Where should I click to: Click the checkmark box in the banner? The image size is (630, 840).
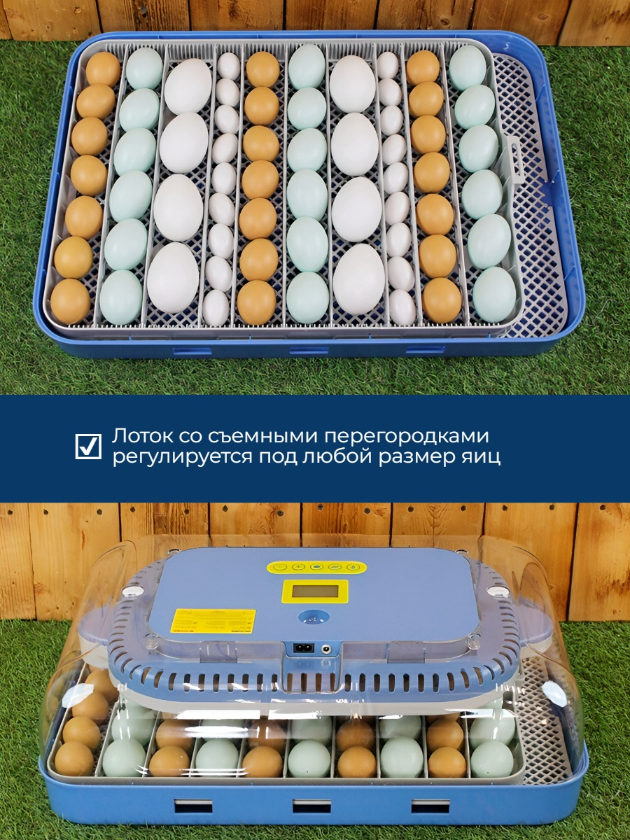[x=88, y=446]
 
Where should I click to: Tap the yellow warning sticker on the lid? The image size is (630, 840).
[x=213, y=621]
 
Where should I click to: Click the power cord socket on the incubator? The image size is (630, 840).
[x=304, y=648]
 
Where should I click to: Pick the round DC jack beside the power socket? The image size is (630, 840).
[x=326, y=649]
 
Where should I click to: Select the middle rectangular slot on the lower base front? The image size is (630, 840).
[x=311, y=806]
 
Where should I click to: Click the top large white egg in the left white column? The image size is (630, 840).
[x=188, y=85]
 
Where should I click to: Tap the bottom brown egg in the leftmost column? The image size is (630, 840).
[x=70, y=301]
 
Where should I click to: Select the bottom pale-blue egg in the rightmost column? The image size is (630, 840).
[x=493, y=295]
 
